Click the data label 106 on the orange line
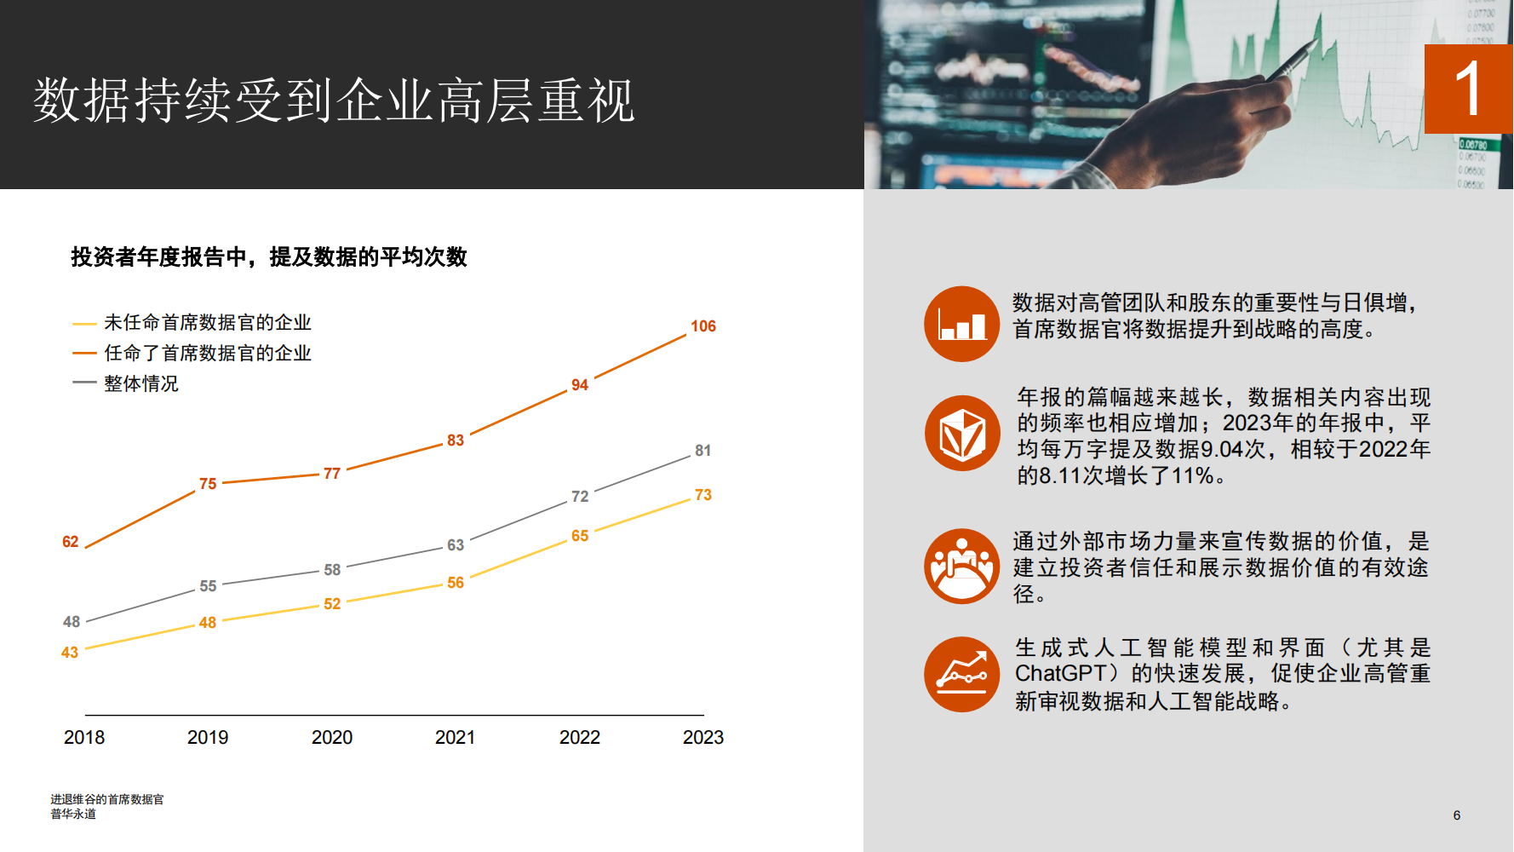(x=703, y=326)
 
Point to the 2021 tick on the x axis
(x=456, y=737)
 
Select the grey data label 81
(x=703, y=451)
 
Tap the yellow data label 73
(x=703, y=495)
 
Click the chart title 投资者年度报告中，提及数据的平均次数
(x=269, y=256)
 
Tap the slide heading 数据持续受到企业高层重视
(x=334, y=101)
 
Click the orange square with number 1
(x=1469, y=89)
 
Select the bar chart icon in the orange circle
(x=962, y=324)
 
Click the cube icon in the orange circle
(x=962, y=433)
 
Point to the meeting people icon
(x=962, y=566)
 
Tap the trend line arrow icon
(x=962, y=674)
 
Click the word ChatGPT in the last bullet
(x=1061, y=673)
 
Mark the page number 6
(x=1457, y=815)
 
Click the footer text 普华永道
(x=73, y=814)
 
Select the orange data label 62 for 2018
(x=71, y=542)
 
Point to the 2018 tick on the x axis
(x=84, y=737)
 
